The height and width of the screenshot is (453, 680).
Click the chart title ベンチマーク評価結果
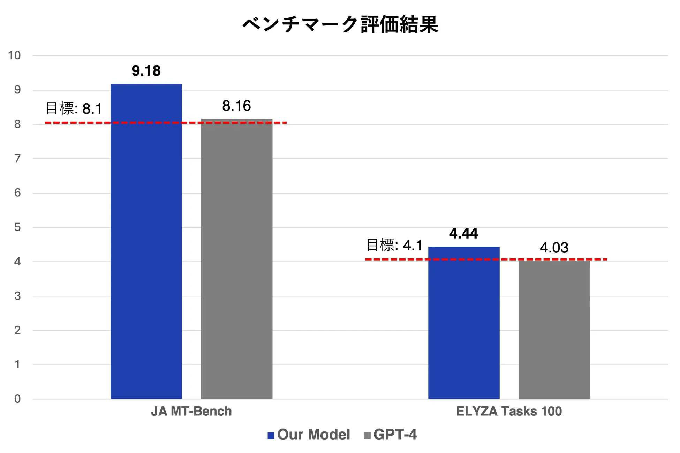point(340,24)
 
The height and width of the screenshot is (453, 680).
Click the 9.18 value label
point(146,71)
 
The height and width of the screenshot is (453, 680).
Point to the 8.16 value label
point(236,106)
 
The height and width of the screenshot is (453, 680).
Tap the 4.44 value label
point(463,233)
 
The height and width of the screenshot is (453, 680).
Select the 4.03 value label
point(554,248)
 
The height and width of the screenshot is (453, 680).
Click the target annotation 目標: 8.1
point(74,108)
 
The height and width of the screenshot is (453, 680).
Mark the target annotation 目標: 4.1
point(394,245)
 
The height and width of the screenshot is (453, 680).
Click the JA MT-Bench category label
point(191,411)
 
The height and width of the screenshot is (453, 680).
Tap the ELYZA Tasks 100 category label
point(509,411)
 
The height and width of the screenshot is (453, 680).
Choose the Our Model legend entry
point(309,435)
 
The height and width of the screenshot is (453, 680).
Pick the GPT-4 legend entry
point(391,435)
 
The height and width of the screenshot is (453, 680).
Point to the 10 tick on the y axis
point(15,55)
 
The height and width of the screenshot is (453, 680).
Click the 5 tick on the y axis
point(17,227)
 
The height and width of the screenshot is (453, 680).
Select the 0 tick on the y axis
point(17,399)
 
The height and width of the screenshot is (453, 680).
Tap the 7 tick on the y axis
point(17,159)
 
